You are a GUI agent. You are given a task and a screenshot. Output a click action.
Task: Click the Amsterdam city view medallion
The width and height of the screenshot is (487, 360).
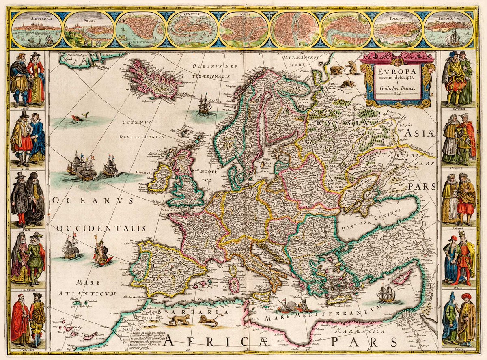37,29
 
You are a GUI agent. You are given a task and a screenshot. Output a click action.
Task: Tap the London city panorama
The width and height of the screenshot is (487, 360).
346,29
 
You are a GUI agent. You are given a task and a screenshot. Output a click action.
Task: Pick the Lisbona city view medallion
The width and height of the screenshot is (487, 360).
449,29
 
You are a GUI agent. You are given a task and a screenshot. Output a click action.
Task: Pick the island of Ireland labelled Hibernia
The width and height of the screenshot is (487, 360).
159,177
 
